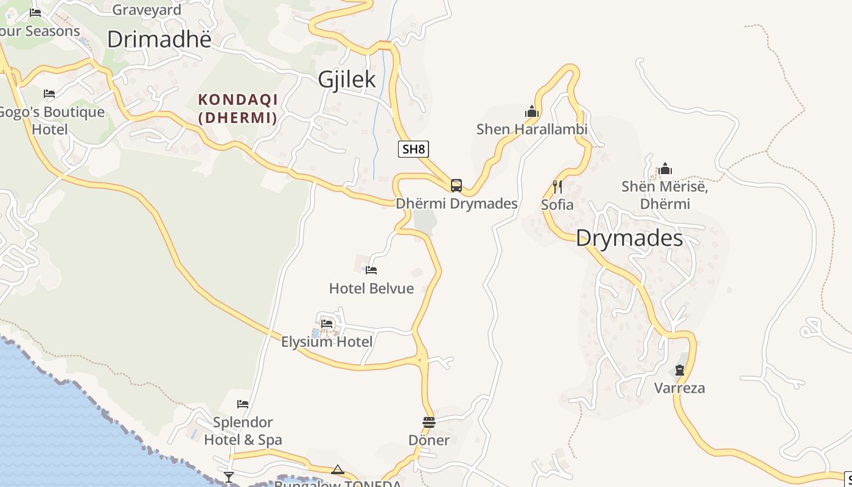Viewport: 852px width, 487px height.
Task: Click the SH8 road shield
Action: pos(413,149)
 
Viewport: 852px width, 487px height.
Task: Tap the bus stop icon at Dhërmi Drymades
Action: pos(456,185)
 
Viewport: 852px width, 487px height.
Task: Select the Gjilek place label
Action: pos(347,80)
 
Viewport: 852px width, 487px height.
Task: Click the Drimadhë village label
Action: pos(159,39)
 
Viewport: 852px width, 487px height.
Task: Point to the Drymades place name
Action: pos(629,237)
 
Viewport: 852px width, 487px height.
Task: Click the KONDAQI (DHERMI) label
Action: pos(237,108)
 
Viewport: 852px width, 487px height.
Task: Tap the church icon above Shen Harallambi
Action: pos(532,111)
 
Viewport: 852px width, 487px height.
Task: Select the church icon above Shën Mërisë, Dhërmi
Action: pos(665,168)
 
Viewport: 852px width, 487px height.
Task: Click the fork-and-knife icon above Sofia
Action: pos(557,186)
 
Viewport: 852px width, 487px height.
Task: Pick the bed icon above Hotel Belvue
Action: pos(371,270)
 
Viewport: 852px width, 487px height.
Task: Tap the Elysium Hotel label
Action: pos(327,342)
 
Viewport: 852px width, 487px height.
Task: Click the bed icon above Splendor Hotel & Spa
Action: pos(243,404)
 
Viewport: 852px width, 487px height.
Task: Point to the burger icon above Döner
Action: pos(429,422)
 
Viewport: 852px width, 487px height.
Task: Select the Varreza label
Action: pos(679,388)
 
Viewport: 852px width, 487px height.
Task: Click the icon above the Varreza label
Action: pos(679,370)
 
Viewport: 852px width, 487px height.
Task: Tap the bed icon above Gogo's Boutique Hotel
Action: pos(49,94)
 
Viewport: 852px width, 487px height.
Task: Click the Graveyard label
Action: pos(147,10)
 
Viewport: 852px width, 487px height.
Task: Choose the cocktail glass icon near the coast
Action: pos(229,477)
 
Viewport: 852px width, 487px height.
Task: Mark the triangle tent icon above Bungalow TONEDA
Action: pos(338,469)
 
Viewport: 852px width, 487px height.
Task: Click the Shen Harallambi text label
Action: pos(532,129)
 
